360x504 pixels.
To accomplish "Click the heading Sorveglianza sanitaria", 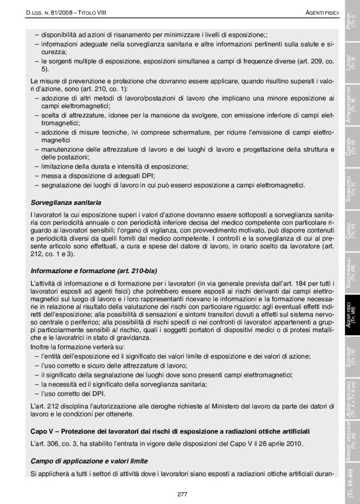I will tap(66, 202).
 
